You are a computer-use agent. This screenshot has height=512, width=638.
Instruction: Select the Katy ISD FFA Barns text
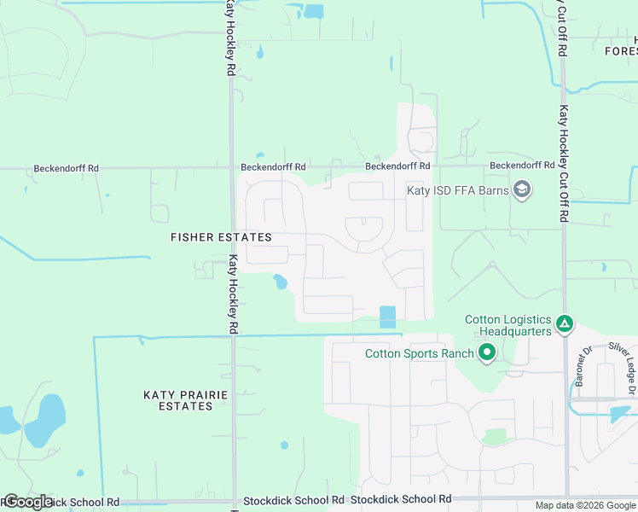click(x=456, y=190)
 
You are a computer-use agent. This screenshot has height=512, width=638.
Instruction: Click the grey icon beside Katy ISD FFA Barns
click(x=522, y=189)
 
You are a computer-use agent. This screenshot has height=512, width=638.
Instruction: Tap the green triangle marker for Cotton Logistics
click(x=564, y=323)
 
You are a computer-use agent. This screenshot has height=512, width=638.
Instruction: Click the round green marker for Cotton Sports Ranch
click(x=487, y=352)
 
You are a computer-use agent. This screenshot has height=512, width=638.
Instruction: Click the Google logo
click(x=27, y=502)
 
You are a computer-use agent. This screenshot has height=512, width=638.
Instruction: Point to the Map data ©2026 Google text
click(x=584, y=505)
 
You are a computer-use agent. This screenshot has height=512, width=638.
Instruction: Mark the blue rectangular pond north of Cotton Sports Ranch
click(x=388, y=317)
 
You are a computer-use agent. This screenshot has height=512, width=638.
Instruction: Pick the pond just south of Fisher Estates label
click(x=279, y=281)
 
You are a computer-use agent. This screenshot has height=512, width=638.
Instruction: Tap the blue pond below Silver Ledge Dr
click(x=621, y=414)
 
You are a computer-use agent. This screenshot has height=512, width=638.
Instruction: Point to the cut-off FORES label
click(x=621, y=50)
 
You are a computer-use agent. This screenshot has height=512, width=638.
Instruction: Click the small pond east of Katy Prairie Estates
click(x=284, y=445)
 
